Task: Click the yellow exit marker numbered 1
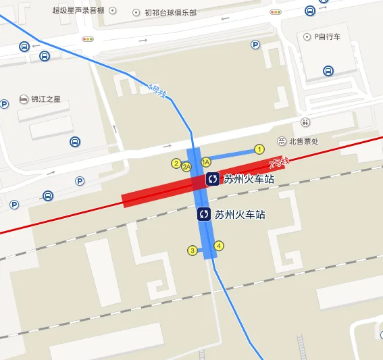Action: [259, 149]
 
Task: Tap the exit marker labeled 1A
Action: [206, 162]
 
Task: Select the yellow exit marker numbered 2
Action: [176, 163]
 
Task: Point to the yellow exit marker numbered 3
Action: [193, 251]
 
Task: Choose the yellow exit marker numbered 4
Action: [219, 246]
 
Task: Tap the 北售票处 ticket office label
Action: [304, 141]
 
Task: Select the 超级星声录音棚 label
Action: [79, 11]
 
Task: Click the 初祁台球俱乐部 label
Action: [170, 12]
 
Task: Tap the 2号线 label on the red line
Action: [278, 162]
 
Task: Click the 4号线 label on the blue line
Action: [157, 90]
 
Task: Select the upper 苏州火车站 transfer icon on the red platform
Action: [213, 179]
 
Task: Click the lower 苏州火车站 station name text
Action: [239, 215]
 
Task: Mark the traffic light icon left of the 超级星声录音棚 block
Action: [88, 40]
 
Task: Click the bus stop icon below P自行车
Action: [328, 70]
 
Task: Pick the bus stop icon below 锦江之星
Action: [75, 142]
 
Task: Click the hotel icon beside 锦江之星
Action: [24, 99]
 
